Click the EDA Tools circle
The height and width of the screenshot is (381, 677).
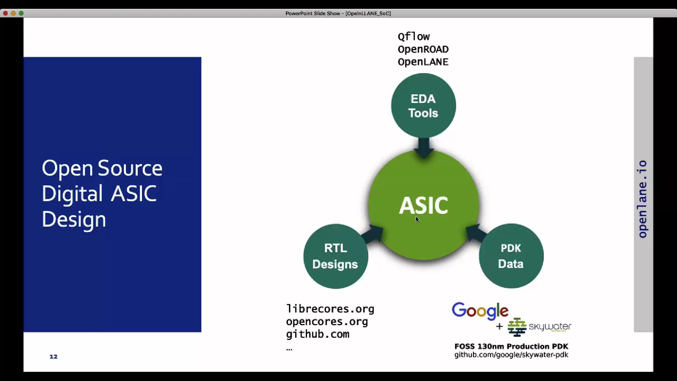tap(423, 105)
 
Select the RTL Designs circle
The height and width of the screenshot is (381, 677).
tap(335, 256)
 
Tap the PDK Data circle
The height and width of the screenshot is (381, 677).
tap(511, 256)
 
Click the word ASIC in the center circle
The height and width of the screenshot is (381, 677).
tap(423, 205)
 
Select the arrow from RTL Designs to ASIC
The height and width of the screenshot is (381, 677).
tap(373, 235)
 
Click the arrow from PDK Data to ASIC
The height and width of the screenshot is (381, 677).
tap(475, 233)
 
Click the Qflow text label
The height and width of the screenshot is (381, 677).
tap(414, 37)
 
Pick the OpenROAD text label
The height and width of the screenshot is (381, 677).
tap(423, 49)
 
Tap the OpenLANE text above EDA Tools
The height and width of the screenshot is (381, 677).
tap(423, 62)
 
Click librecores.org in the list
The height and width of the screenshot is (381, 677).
tap(330, 309)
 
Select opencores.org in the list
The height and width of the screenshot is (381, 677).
tap(327, 322)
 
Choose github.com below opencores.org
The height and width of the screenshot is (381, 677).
tap(317, 334)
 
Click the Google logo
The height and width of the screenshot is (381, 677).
tap(480, 311)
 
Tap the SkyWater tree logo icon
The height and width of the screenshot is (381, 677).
tap(517, 327)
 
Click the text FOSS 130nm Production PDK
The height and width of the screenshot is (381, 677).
tap(511, 346)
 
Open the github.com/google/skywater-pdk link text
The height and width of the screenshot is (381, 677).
tap(511, 355)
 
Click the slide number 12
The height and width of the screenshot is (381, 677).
tap(53, 357)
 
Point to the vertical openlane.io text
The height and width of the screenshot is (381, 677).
tap(642, 199)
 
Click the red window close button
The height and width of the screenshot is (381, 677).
tap(5, 13)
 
